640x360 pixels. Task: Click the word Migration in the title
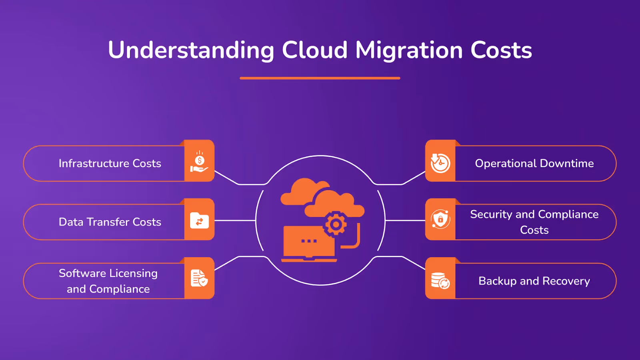pyautogui.click(x=409, y=50)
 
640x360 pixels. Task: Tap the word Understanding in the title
pyautogui.click(x=191, y=50)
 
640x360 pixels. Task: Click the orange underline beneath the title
pyautogui.click(x=320, y=78)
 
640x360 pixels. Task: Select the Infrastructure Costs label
pyautogui.click(x=110, y=163)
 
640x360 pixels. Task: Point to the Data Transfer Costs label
pyautogui.click(x=110, y=222)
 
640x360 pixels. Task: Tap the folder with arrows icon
pyautogui.click(x=199, y=220)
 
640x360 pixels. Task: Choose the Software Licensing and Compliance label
pyautogui.click(x=108, y=281)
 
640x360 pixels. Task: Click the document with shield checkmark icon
pyautogui.click(x=199, y=278)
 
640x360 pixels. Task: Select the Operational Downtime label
pyautogui.click(x=534, y=163)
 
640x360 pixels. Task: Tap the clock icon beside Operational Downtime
pyautogui.click(x=440, y=163)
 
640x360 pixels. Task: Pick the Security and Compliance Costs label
pyautogui.click(x=534, y=222)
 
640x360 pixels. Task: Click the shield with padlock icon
pyautogui.click(x=440, y=219)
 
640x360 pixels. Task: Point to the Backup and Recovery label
pyautogui.click(x=534, y=281)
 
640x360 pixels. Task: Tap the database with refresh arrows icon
pyautogui.click(x=440, y=280)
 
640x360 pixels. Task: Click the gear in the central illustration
pyautogui.click(x=336, y=224)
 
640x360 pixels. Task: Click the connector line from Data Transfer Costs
pyautogui.click(x=235, y=220)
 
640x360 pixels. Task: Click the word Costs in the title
pyautogui.click(x=501, y=50)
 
